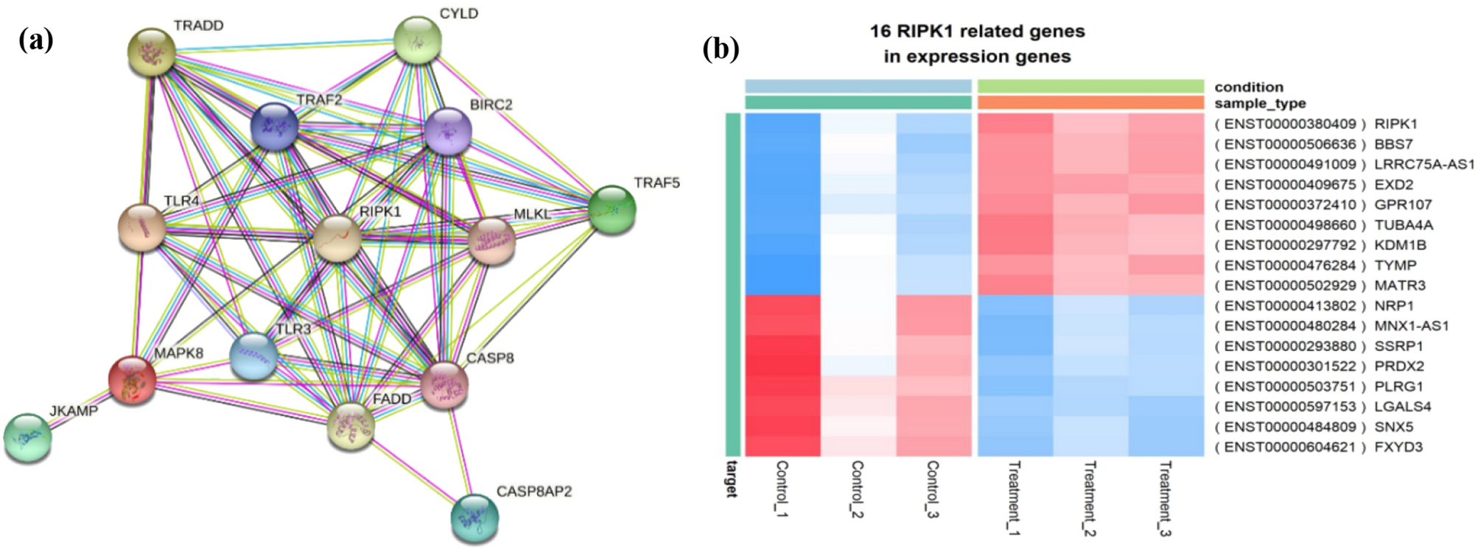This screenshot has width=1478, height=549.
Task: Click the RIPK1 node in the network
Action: (338, 238)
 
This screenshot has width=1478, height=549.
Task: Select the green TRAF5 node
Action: (612, 210)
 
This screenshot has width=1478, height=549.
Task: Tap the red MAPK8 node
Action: (132, 380)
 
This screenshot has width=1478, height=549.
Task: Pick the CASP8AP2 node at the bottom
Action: (474, 517)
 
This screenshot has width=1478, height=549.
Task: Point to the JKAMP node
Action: (28, 438)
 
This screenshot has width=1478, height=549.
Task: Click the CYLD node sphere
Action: (418, 40)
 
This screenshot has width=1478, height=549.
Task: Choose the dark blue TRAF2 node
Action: (275, 126)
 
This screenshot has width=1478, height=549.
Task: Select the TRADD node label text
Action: (198, 26)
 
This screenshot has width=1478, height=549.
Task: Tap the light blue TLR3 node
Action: (253, 356)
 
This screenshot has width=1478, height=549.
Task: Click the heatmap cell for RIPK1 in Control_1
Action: (782, 124)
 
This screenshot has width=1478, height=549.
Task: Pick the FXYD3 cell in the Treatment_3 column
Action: (1166, 447)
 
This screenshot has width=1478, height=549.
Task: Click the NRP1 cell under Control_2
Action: (858, 305)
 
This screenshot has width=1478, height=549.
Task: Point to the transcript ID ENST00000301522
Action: (1289, 366)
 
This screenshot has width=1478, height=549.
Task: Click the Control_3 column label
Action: (933, 489)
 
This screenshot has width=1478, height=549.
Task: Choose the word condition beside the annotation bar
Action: (1249, 87)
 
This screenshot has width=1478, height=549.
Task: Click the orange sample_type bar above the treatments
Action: (1090, 102)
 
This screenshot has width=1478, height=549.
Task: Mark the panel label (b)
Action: (720, 49)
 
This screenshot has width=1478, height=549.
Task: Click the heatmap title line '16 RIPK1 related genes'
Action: (977, 32)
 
